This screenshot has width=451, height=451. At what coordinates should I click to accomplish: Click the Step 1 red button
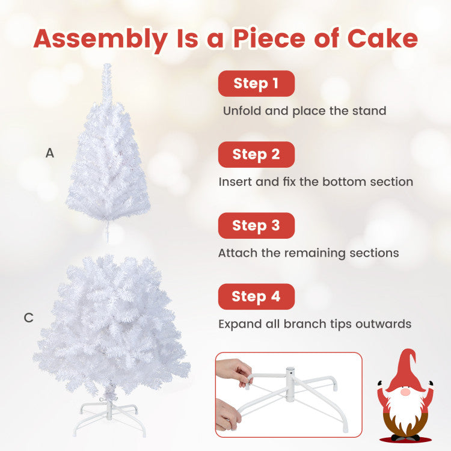point(256,84)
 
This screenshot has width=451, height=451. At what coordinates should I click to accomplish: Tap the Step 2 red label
point(256,155)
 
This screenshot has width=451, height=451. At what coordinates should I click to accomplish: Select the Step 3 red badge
point(256,226)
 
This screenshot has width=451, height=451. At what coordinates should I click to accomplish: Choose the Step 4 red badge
point(256,296)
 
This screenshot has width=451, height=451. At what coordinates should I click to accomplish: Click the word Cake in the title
point(382,38)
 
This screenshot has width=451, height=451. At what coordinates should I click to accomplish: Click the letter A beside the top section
point(50,153)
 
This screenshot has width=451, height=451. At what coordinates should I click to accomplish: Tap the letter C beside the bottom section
point(29,318)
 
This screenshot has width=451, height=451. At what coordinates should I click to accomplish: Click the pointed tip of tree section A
point(107,67)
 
